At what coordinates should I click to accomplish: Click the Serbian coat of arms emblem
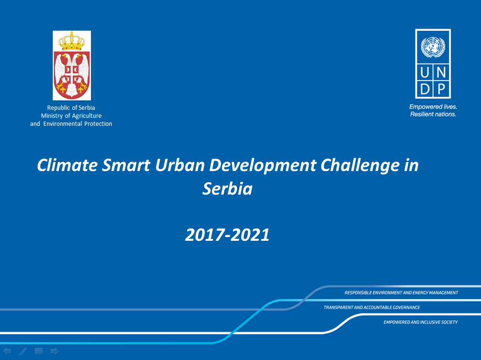[72, 65]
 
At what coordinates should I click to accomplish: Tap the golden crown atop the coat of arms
[72, 41]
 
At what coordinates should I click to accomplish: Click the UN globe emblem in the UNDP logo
[433, 47]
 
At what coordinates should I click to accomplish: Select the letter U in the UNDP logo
[424, 73]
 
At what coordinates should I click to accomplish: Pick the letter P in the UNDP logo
[441, 90]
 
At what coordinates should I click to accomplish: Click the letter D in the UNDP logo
[425, 90]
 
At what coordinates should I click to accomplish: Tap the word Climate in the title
[67, 165]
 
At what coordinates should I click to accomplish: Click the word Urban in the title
[180, 165]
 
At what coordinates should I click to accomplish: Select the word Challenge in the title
[360, 166]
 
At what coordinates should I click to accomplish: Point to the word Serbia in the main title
[228, 188]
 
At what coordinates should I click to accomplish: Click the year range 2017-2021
[228, 235]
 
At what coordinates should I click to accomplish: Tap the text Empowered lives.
[433, 107]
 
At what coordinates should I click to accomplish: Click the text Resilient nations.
[433, 114]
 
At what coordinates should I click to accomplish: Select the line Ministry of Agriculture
[71, 116]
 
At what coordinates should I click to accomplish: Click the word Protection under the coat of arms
[98, 123]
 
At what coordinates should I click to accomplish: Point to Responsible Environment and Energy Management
[401, 293]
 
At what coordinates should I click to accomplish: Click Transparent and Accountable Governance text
[372, 308]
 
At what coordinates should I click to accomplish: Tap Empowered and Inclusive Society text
[421, 322]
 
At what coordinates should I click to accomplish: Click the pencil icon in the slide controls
[23, 351]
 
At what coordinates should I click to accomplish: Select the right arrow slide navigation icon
[55, 351]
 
